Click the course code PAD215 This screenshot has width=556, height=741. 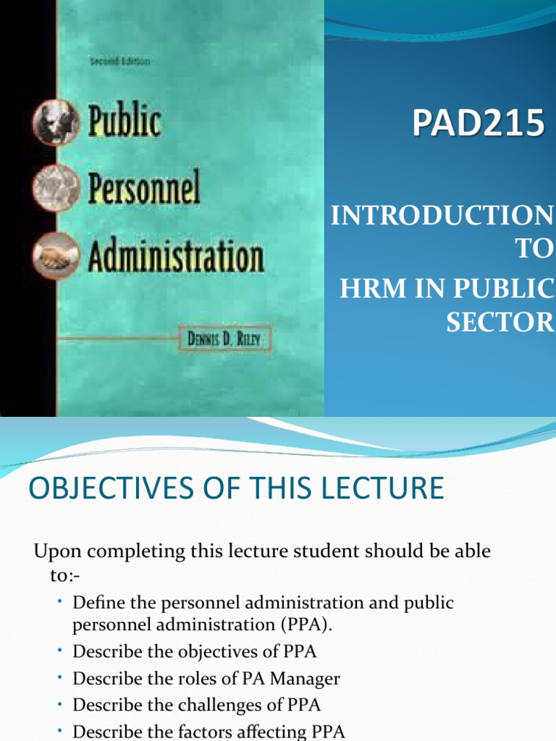click(x=478, y=124)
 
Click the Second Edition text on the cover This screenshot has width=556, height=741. click(x=119, y=62)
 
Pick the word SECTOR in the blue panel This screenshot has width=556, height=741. click(x=500, y=323)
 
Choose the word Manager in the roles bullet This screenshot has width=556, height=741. click(x=304, y=678)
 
